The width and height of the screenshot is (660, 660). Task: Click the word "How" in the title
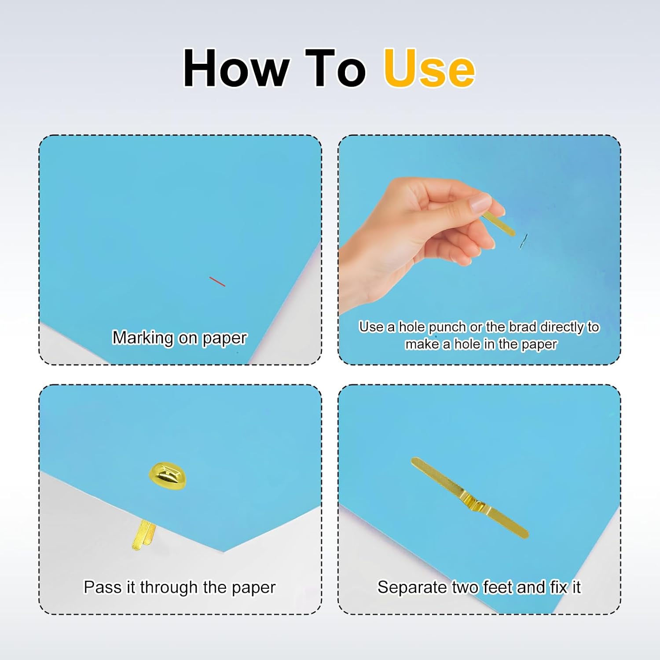click(x=236, y=68)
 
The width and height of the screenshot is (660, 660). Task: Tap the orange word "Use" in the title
click(x=429, y=68)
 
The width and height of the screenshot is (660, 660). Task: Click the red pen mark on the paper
click(x=217, y=282)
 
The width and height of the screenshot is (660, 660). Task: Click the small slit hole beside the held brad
click(x=523, y=241)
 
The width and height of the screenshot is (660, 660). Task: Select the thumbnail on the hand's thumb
click(x=479, y=203)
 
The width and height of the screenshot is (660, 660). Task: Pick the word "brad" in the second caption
click(x=522, y=327)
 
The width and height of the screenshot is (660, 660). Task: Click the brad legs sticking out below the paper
click(x=144, y=535)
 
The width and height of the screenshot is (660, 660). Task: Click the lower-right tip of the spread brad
click(x=525, y=535)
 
